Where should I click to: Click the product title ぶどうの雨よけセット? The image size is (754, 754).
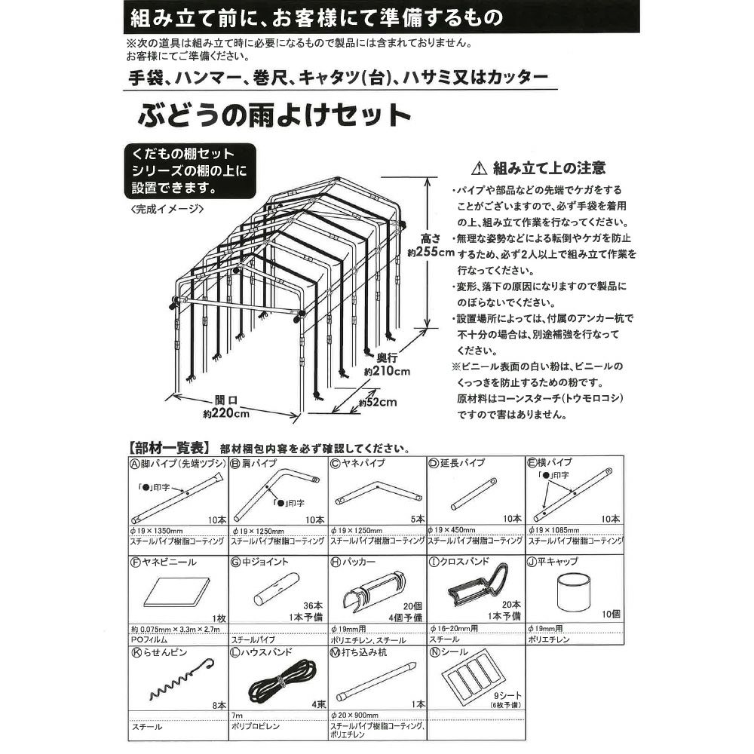click(274, 118)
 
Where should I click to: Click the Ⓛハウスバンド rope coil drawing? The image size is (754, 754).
click(278, 680)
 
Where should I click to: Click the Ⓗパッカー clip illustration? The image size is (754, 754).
click(374, 590)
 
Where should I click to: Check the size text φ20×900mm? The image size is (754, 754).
click(357, 715)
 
